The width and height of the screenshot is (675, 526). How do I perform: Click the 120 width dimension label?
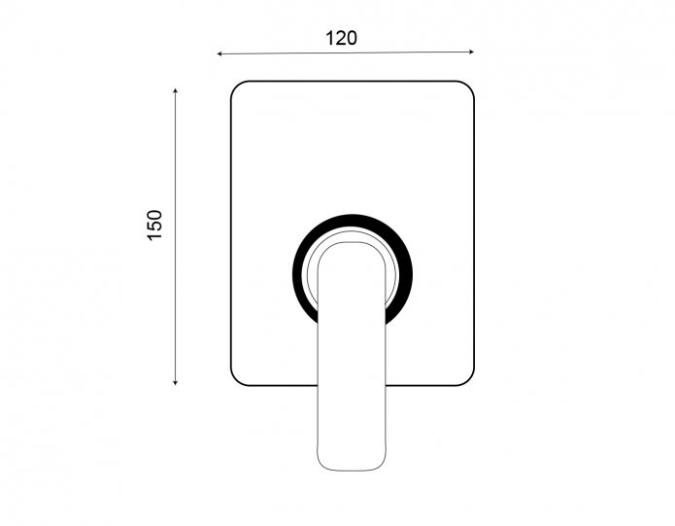coord(341,38)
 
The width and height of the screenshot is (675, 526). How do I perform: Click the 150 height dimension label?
coord(155,226)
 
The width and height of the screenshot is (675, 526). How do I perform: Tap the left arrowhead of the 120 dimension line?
coord(219,53)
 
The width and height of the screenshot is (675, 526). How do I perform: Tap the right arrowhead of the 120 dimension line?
coord(471,52)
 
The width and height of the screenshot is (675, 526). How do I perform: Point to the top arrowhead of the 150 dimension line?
coord(175,90)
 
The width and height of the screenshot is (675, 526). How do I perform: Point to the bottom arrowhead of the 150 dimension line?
coord(175,382)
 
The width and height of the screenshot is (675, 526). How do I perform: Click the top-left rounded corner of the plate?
coord(236,87)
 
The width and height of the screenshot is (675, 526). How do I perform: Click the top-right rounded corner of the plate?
coord(469,87)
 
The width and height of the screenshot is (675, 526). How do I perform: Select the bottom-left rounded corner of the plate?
coord(236,380)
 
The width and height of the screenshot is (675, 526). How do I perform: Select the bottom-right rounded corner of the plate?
coord(469,380)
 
